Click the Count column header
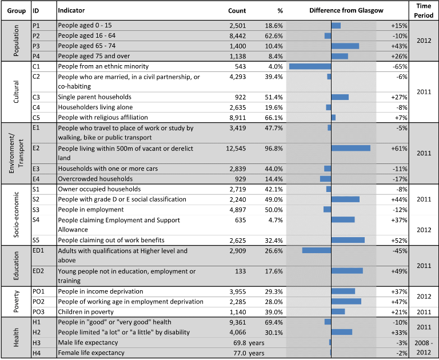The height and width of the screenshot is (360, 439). (x=237, y=11)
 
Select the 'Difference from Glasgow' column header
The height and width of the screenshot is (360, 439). (x=346, y=11)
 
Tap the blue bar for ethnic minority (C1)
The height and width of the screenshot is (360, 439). (x=310, y=66)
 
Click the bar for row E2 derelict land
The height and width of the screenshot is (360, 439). (x=351, y=148)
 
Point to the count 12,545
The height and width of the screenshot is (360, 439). (x=236, y=149)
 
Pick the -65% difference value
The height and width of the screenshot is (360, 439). (x=400, y=67)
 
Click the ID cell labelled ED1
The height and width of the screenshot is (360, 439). (x=38, y=250)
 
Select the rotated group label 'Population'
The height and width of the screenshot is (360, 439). (x=16, y=41)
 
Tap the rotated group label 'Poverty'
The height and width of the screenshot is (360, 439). (x=16, y=302)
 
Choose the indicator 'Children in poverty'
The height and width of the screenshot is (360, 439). (x=86, y=312)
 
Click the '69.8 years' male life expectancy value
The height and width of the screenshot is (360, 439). (x=249, y=343)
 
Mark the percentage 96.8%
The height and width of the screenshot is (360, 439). (x=274, y=149)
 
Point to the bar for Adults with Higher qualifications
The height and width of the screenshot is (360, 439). (x=317, y=250)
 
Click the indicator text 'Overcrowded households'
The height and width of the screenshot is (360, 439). (x=95, y=179)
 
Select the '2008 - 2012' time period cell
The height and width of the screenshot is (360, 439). (x=424, y=347)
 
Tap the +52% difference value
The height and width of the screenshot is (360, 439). (x=399, y=241)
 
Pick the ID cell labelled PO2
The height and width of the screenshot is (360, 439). (x=38, y=302)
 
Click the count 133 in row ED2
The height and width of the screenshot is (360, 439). (x=241, y=271)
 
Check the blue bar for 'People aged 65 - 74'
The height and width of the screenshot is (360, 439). (x=345, y=46)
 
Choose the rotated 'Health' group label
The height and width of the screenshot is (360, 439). (x=16, y=338)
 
